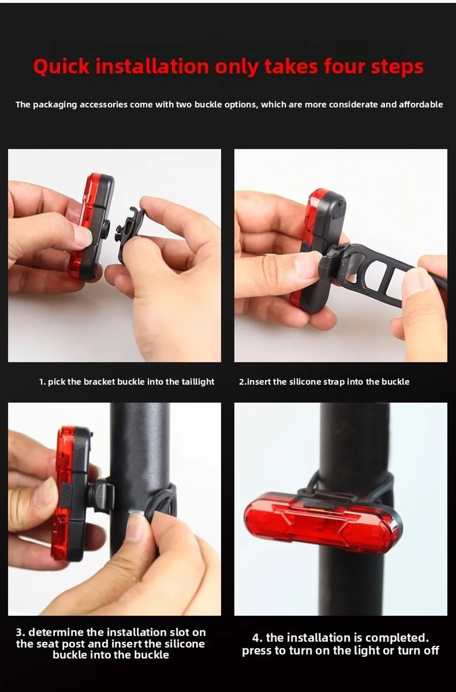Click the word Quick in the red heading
pyautogui.click(x=62, y=67)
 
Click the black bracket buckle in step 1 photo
pyautogui.click(x=130, y=234)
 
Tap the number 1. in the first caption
pyautogui.click(x=42, y=382)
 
